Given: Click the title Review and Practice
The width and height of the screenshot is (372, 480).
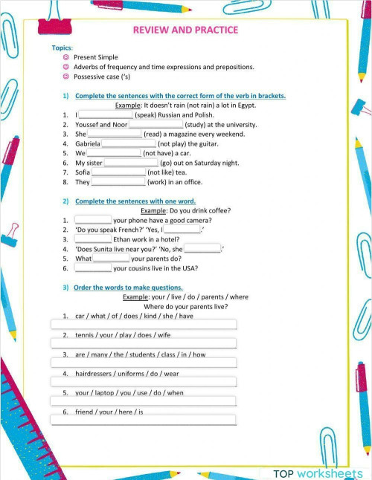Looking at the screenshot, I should point(185,30).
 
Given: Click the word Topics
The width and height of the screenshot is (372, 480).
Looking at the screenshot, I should point(61,48).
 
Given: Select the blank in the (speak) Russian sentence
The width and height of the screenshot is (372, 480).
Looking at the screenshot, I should point(105,115).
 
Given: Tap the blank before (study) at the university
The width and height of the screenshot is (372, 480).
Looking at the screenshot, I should point(156,125).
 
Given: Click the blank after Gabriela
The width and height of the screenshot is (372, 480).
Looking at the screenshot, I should point(128,143).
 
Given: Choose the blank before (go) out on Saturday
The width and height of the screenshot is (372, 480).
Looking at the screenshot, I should point(131,162).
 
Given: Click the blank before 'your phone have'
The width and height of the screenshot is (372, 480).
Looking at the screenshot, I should point(93,220).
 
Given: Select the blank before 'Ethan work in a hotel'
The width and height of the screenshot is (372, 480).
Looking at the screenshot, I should point(93,239).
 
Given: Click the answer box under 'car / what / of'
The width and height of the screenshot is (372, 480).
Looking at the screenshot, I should point(143,324).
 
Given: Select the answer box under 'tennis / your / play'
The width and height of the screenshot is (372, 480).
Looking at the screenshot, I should point(143,343).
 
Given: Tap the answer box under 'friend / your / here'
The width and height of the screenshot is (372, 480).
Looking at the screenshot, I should point(143,420).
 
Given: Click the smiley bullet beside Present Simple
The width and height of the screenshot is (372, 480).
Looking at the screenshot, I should point(66,57).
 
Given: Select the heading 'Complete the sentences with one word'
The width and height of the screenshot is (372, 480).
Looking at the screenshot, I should point(135,201).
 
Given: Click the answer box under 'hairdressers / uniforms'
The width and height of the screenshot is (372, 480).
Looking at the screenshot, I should point(143,382).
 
